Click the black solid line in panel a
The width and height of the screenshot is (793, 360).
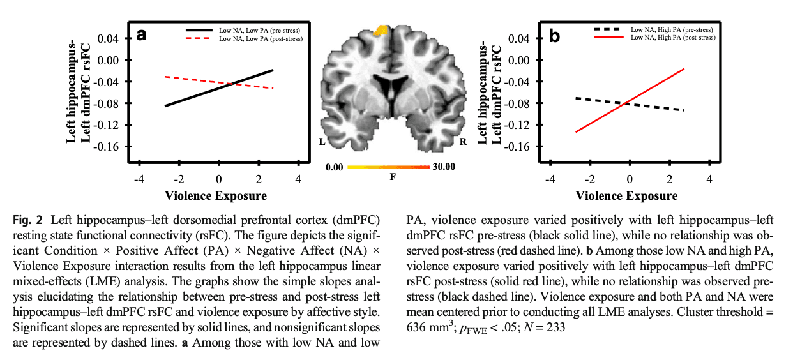(219, 88)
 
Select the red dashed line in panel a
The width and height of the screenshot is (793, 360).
(219, 82)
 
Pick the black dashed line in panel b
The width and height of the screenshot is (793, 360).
(630, 104)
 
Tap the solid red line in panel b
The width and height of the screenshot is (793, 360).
(630, 100)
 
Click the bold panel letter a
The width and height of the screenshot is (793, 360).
(141, 35)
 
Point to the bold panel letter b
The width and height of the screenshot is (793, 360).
(554, 36)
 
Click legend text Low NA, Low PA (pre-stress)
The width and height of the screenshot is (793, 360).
(259, 31)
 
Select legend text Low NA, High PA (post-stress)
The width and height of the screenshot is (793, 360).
(673, 38)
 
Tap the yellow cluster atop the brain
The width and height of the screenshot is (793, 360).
(381, 30)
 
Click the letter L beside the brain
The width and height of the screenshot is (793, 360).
(322, 142)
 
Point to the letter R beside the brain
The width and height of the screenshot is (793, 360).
(463, 142)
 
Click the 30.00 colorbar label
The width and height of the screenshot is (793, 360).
(444, 167)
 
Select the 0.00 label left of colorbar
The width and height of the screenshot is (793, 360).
(334, 167)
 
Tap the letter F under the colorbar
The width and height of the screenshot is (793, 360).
(393, 177)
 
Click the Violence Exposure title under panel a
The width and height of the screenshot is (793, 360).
(216, 196)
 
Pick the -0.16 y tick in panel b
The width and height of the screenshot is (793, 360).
(517, 147)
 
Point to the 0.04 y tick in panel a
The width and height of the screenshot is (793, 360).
(108, 38)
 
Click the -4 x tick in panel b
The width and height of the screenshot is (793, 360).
(550, 179)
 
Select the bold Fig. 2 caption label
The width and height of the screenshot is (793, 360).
(27, 220)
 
